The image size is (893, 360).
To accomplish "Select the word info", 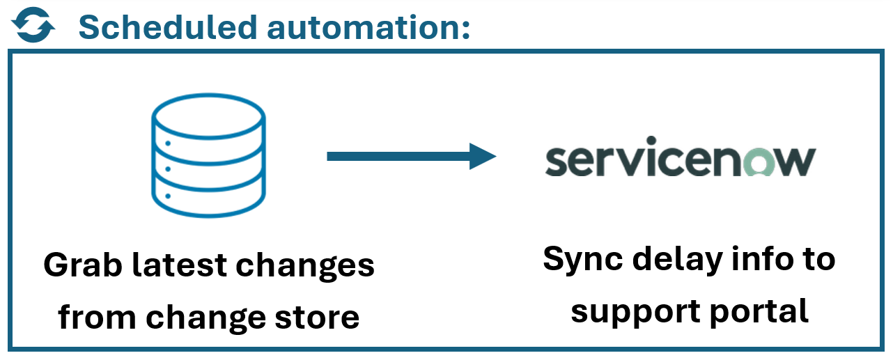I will pos(758,259).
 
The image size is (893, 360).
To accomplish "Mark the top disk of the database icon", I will pos(209,115).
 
